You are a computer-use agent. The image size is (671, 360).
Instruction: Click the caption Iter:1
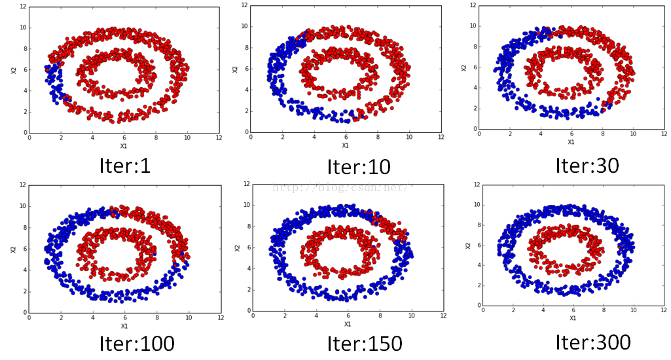click(124, 166)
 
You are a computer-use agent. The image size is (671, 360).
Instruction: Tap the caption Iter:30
click(587, 164)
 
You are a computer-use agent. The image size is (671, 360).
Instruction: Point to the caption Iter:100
click(137, 342)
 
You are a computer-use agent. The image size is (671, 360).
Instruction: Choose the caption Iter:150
click(365, 342)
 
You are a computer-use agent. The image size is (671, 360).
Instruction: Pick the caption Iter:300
click(593, 341)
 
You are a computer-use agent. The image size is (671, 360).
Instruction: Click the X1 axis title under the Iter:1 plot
click(124, 146)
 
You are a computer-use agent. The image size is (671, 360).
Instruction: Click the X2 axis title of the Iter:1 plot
click(12, 69)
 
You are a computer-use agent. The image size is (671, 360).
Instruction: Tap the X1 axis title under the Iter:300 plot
click(573, 318)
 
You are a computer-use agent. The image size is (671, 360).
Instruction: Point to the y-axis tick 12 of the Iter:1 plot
click(23, 6)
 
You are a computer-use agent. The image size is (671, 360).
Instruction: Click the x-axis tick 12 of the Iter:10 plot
click(441, 137)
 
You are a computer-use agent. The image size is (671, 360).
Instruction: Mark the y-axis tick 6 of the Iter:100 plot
click(24, 248)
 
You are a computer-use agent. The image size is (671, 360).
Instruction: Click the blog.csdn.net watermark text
click(340, 188)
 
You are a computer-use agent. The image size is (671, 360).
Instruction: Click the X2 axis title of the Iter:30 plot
click(463, 67)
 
